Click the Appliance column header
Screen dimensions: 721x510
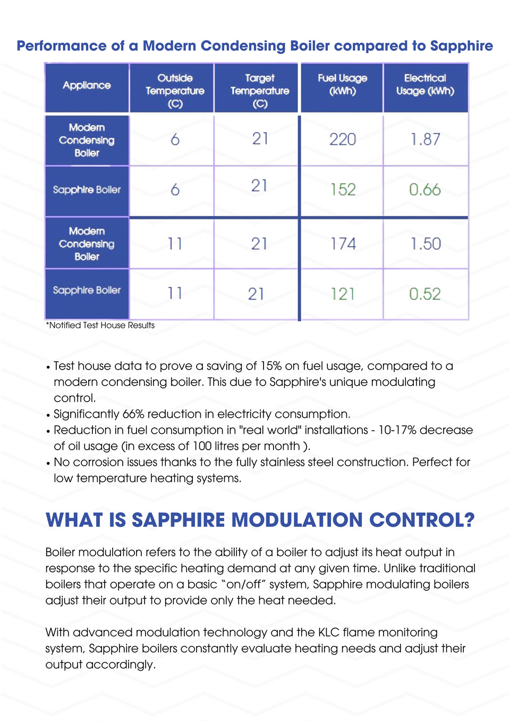coord(87,85)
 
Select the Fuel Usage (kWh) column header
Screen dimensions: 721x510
coord(342,85)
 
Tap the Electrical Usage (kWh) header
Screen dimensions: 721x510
coord(425,85)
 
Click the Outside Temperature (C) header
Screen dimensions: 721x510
coord(175,91)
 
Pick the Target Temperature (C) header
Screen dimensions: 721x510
coord(260,91)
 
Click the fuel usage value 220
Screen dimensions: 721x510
coord(343,140)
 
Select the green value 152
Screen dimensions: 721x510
coord(343,190)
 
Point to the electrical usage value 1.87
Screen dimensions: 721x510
coord(425,140)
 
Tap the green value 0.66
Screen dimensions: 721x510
coord(425,190)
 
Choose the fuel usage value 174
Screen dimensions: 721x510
coord(343,244)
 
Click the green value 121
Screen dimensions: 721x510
coord(343,294)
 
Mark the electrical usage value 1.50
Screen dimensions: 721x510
coord(426,244)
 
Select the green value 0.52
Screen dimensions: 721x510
coord(425,294)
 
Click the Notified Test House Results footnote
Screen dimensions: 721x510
coord(100,325)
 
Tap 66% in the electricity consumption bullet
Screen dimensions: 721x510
coord(133,414)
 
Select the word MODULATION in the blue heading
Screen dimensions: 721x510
coord(297,520)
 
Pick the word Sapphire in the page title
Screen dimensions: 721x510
coord(461,46)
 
